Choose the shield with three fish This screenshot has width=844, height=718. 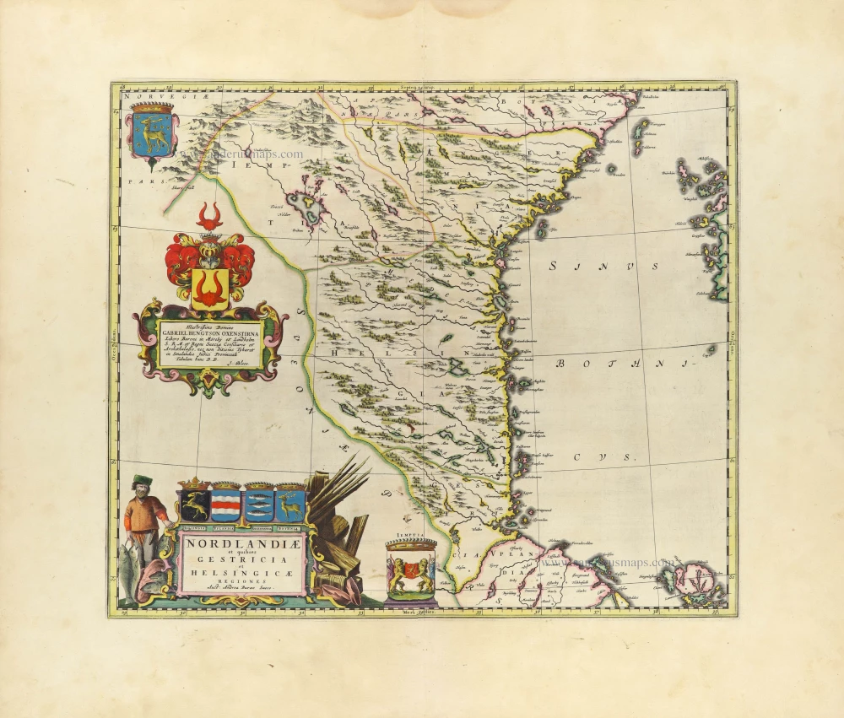(257, 505)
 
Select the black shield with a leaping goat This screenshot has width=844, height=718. (193, 505)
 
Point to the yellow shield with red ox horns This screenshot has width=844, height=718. (209, 288)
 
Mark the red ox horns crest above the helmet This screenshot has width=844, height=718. (210, 216)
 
